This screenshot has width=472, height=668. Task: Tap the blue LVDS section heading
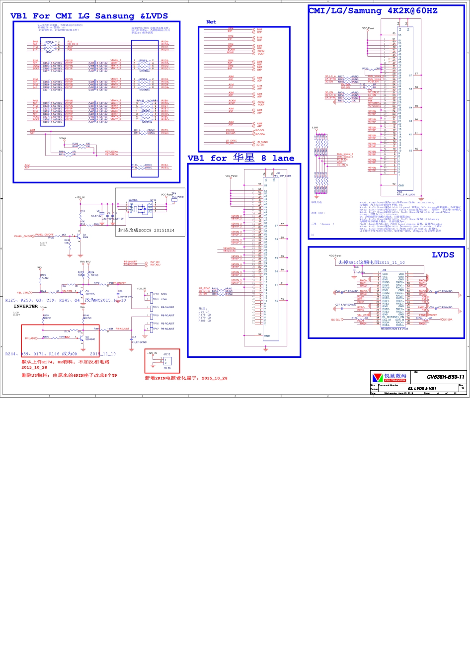[x=443, y=255]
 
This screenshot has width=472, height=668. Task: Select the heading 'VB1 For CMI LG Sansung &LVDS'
[x=89, y=16]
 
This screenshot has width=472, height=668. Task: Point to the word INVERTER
[x=26, y=306]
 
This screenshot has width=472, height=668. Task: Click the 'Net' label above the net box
[x=211, y=22]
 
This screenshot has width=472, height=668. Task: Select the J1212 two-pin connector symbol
[x=167, y=361]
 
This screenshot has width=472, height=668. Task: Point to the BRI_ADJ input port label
[x=31, y=338]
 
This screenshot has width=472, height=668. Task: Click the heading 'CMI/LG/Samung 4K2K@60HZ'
[x=373, y=10]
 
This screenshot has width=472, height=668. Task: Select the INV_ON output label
[x=155, y=262]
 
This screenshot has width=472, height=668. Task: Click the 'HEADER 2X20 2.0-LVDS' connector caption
[x=394, y=329]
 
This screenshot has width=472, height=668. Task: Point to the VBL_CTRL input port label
[x=23, y=293]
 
